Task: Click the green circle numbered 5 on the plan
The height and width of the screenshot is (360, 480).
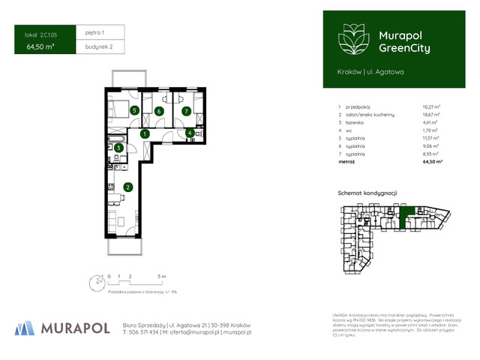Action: point(134,111)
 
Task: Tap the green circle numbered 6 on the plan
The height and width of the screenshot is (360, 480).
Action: point(159,112)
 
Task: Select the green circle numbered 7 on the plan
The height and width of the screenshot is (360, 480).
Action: point(186,112)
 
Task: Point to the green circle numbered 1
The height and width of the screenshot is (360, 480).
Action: point(145,133)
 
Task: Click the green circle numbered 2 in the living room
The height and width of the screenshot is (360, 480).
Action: point(128,187)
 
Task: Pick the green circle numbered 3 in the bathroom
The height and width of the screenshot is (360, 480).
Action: point(118,148)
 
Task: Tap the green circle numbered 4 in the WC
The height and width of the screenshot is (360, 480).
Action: point(190,134)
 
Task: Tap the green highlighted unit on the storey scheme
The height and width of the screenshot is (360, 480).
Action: point(407,217)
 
